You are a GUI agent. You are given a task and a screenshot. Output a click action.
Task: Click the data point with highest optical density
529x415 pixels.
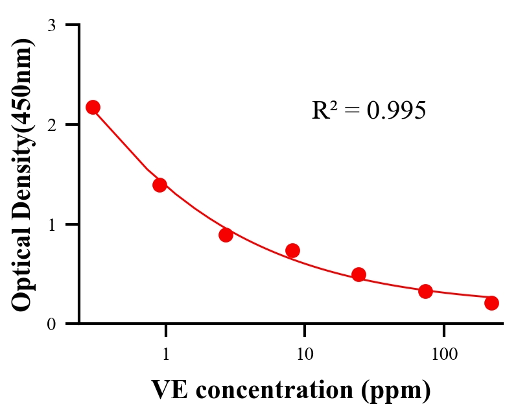click(x=93, y=107)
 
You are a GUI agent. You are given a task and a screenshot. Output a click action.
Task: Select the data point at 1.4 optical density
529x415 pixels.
click(x=160, y=185)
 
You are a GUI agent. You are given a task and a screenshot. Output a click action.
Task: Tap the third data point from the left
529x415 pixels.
click(x=226, y=235)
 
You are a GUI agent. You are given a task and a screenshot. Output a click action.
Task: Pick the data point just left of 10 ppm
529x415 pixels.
click(x=292, y=250)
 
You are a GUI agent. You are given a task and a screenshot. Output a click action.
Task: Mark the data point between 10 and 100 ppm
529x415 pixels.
click(x=359, y=274)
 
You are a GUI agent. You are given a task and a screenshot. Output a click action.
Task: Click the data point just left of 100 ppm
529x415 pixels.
click(x=425, y=291)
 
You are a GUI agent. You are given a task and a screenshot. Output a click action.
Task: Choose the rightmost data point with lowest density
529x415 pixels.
click(x=491, y=303)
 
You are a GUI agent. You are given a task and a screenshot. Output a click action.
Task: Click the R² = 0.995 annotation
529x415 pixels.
click(x=368, y=111)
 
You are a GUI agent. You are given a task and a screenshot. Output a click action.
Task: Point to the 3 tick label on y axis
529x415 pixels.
click(x=51, y=25)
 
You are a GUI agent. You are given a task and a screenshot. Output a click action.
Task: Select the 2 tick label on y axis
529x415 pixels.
click(x=51, y=124)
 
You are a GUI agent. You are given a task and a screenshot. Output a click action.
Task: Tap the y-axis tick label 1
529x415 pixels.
click(x=51, y=224)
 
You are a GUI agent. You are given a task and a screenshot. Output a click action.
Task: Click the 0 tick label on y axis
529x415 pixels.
click(x=51, y=324)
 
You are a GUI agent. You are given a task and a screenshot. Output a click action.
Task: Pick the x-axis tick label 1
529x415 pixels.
click(x=166, y=355)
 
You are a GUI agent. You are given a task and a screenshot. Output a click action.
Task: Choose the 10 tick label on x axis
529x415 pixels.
click(x=305, y=355)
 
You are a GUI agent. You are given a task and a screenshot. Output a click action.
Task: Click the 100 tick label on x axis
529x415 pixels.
click(x=443, y=355)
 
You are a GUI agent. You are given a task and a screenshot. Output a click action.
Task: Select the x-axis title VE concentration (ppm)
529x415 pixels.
click(x=291, y=390)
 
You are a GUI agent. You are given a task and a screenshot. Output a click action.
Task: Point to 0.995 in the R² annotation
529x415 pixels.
click(x=396, y=111)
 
